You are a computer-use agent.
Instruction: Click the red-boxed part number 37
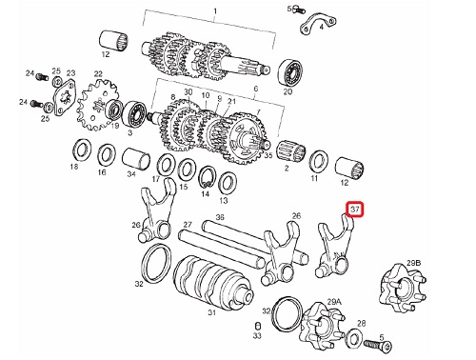coord(354,210)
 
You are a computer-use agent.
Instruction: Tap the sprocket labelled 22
coord(97,106)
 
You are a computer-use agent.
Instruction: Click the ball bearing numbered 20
coord(290,73)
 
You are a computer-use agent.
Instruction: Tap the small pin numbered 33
coord(258,326)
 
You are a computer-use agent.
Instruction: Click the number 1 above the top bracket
coord(215,11)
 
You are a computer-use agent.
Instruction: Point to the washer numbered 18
coord(82,150)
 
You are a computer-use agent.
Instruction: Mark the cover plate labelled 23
coord(65,98)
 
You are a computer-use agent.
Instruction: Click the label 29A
coord(334,302)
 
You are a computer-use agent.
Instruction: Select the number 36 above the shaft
coord(220,217)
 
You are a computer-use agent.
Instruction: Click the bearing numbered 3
coord(134,113)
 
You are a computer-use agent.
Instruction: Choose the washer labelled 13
coord(228,184)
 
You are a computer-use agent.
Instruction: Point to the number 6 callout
coord(256,89)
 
